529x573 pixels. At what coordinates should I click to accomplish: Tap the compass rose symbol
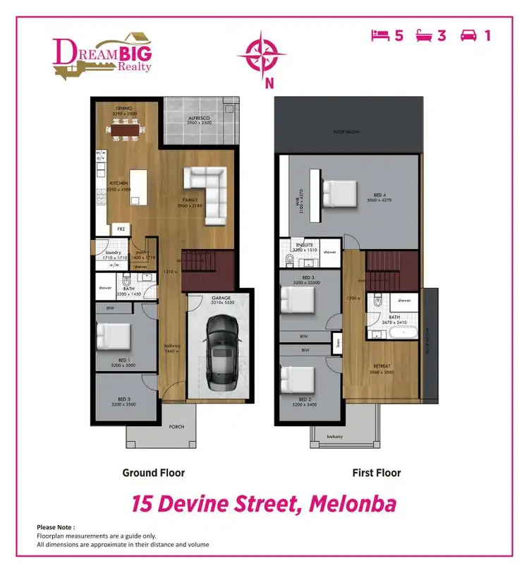click(x=262, y=54)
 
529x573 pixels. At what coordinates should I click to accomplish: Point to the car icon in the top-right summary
click(x=468, y=35)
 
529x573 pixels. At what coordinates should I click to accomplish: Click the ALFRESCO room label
click(x=200, y=119)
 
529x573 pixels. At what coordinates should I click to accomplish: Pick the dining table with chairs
click(x=129, y=131)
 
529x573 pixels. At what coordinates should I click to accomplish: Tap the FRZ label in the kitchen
click(x=121, y=229)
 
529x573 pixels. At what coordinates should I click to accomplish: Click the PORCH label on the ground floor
click(x=176, y=427)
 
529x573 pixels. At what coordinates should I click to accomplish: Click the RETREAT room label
click(x=382, y=366)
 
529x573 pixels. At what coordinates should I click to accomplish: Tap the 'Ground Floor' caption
click(x=153, y=472)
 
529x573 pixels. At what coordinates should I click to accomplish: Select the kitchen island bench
click(x=140, y=187)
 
